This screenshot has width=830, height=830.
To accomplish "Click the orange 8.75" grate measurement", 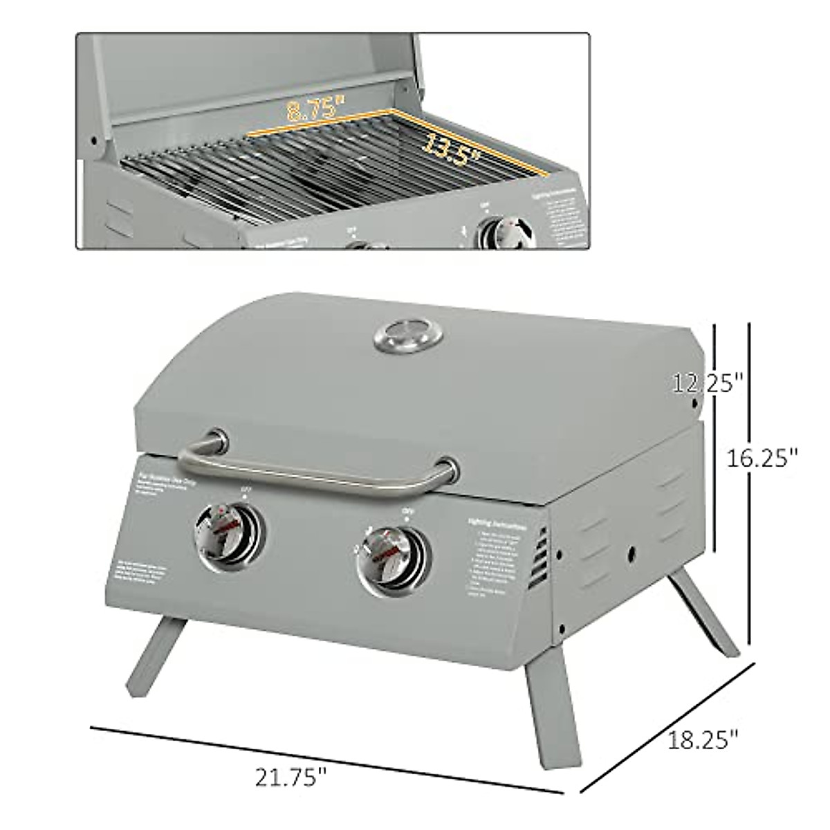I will [315, 109].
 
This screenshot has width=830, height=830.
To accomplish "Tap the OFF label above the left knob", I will [244, 489].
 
